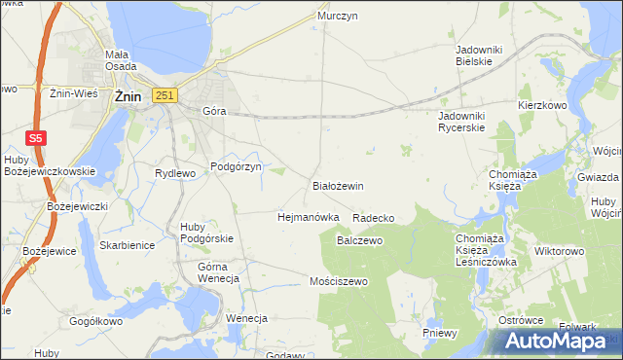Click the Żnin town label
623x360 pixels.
pos(129,97)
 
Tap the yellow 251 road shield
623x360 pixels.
pos(165,94)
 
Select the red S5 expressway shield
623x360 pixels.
pos(35,138)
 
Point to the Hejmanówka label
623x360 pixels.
pos(308,217)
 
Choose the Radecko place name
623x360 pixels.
pos(373,218)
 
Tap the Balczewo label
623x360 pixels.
pos(358,239)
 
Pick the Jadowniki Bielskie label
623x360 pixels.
pos(475,54)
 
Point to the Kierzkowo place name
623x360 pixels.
pos(542,104)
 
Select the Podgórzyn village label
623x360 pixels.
pos(237,167)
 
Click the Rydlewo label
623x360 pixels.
pos(175,173)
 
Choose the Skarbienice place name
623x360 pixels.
pos(127,245)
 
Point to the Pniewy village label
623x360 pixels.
pos(440,333)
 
